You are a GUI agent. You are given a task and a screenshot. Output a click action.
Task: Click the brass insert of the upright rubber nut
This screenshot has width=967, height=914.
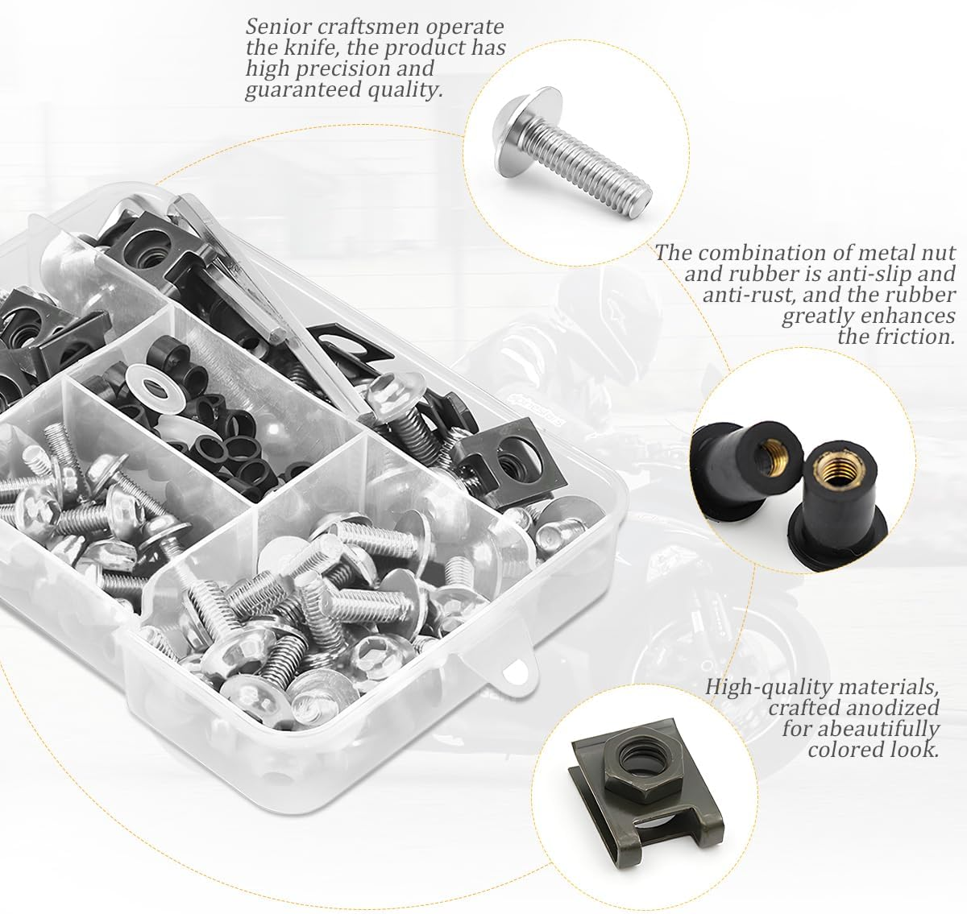point(832,469)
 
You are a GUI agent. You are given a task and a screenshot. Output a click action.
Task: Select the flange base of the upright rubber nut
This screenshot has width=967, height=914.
point(837,541)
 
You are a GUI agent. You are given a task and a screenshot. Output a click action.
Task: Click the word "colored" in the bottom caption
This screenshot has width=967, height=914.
point(840,751)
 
